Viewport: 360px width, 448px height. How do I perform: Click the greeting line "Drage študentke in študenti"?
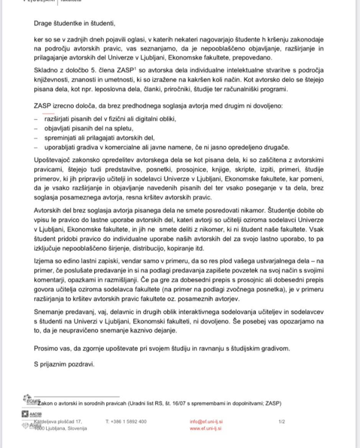pyautogui.click(x=74, y=23)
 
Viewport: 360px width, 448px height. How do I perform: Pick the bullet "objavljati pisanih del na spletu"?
pyautogui.click(x=88, y=128)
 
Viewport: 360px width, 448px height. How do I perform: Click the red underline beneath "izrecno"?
pyautogui.click(x=48, y=113)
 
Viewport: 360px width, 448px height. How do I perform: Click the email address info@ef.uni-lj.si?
pyautogui.click(x=206, y=422)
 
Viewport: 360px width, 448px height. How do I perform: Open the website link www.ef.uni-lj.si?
pyautogui.click(x=206, y=428)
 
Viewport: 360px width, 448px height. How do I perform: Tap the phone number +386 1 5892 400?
pyautogui.click(x=126, y=422)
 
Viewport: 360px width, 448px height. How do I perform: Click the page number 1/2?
pyautogui.click(x=282, y=422)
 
